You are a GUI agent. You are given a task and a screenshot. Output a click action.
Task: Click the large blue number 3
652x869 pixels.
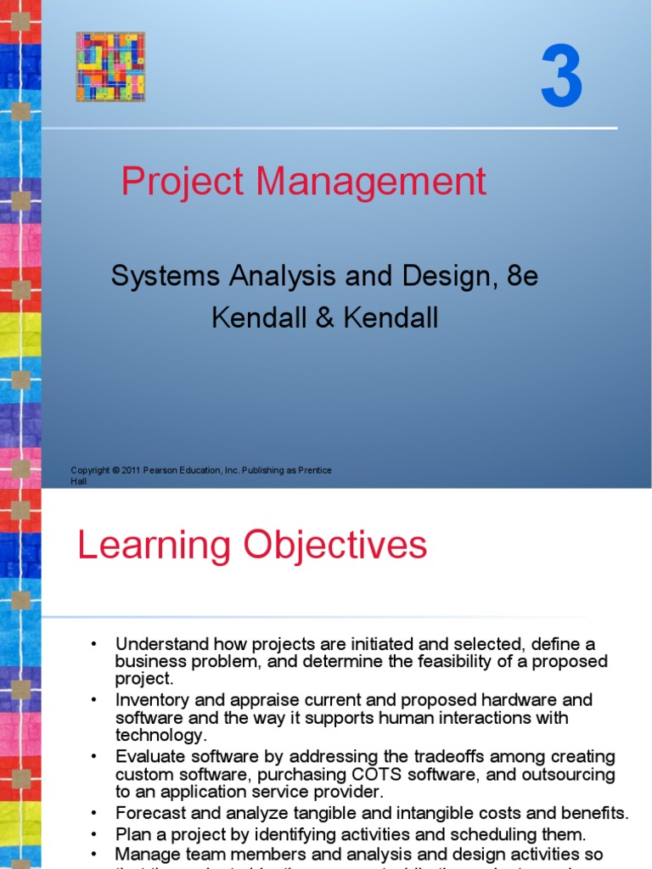pos(562,79)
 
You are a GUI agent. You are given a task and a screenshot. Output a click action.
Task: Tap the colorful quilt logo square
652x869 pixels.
pos(110,66)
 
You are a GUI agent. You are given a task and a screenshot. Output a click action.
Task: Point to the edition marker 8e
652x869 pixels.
pos(519,277)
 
